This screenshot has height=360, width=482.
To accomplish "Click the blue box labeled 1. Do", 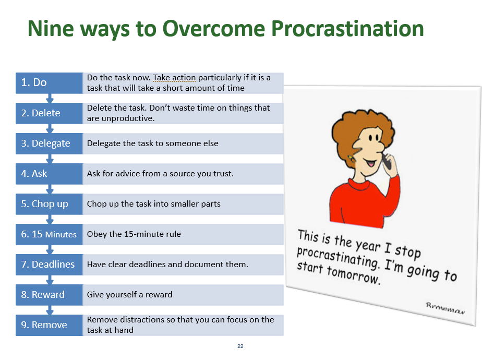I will [49, 82].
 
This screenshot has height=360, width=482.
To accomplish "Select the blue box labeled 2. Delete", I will [49, 113].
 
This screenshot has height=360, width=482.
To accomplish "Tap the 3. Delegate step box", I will [49, 143].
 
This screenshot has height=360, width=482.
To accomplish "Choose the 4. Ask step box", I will [49, 174].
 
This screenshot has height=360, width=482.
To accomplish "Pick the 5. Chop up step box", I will [49, 204].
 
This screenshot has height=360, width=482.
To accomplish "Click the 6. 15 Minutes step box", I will [49, 234].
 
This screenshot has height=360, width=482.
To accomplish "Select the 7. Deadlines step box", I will [49, 265].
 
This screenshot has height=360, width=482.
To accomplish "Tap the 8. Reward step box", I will [49, 295].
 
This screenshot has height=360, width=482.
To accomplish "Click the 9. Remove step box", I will [49, 325].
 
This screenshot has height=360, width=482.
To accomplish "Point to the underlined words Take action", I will [174, 78].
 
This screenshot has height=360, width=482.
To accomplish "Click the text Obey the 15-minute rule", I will [134, 234].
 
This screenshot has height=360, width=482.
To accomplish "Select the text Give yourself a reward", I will [129, 295].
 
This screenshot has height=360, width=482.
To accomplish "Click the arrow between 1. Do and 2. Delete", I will [50, 98].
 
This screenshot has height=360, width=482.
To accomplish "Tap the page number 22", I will [240, 346].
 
